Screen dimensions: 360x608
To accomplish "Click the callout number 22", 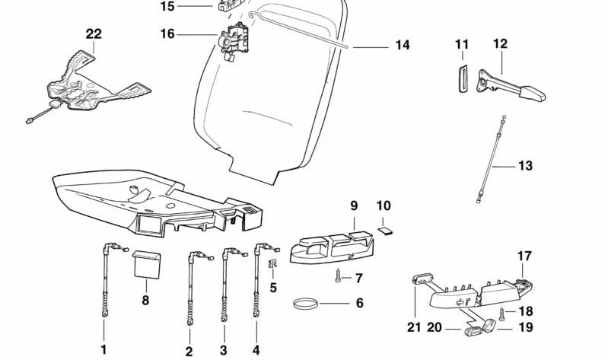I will [x=94, y=34].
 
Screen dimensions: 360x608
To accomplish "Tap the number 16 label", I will [x=167, y=33].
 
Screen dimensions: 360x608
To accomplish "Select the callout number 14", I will [x=403, y=46].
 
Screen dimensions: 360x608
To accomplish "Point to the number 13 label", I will [x=526, y=166].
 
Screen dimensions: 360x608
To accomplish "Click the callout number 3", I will [x=224, y=350].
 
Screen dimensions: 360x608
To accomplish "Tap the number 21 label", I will [x=413, y=328].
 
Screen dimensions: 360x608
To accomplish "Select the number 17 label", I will [x=524, y=256].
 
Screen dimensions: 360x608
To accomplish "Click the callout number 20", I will [x=435, y=328].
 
